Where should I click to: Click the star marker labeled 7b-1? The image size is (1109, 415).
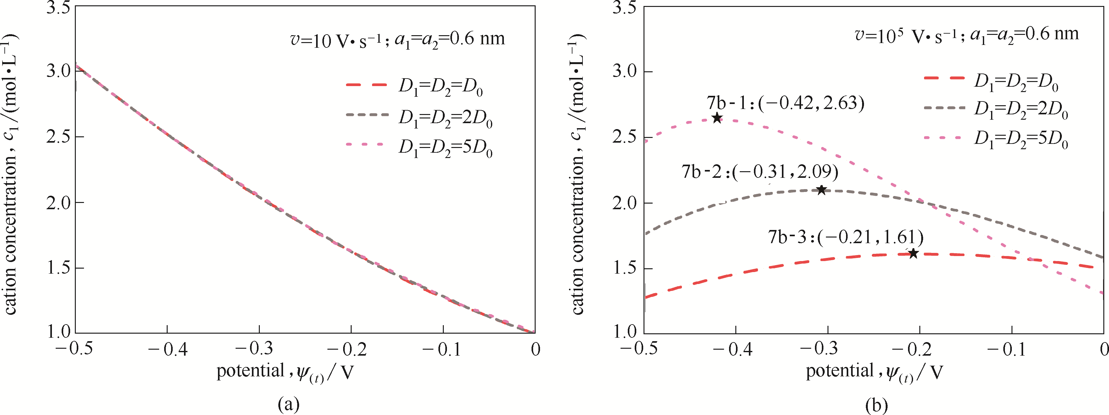717,118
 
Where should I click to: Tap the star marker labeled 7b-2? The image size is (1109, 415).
822,190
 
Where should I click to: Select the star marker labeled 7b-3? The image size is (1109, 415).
913,253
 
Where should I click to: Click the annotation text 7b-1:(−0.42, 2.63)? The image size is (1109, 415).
785,103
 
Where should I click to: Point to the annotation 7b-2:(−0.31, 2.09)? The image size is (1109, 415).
760,172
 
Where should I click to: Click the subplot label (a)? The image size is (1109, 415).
288,405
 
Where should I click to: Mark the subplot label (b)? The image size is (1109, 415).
877,405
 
